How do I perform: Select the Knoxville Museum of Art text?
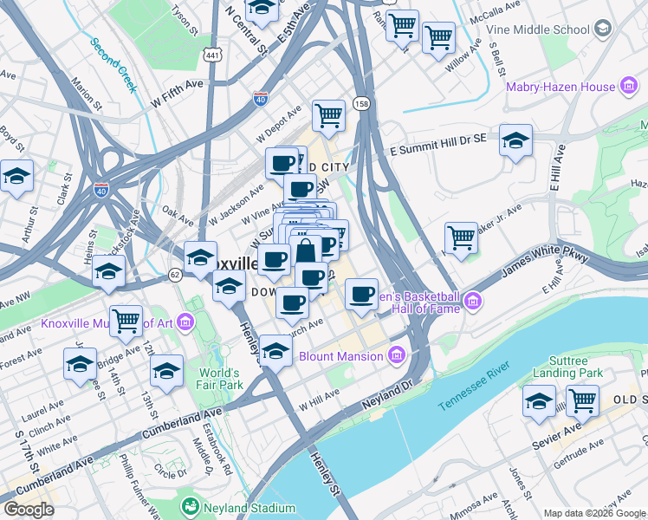pyautogui.click(x=106, y=324)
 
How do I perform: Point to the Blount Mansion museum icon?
pyautogui.click(x=396, y=355)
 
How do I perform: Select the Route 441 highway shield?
pyautogui.click(x=211, y=55)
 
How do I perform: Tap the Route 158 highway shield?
pyautogui.click(x=361, y=104)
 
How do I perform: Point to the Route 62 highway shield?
pyautogui.click(x=175, y=274)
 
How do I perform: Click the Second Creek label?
pyautogui.click(x=113, y=65)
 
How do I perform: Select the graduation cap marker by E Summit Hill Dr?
pyautogui.click(x=515, y=140)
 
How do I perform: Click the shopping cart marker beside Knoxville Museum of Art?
pyautogui.click(x=126, y=321)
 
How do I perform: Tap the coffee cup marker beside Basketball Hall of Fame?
pyautogui.click(x=362, y=294)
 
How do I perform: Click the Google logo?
pyautogui.click(x=29, y=510)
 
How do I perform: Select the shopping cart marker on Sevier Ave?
pyautogui.click(x=582, y=400)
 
